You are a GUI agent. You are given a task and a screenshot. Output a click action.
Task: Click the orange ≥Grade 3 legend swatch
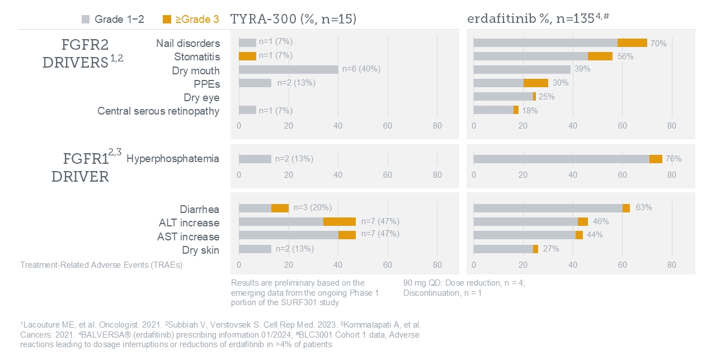coord(167,20)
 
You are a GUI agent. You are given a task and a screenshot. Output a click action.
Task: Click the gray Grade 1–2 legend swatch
coord(86,20)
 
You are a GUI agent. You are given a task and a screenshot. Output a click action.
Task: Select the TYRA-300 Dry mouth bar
coord(288,70)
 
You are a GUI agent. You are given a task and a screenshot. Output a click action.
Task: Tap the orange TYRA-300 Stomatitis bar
coord(247,56)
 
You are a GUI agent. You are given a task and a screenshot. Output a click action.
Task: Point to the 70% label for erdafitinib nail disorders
coord(658,43)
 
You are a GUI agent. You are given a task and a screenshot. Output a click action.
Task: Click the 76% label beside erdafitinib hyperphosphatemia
coord(673,159)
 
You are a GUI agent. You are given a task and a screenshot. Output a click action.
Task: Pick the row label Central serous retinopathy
coord(158,111)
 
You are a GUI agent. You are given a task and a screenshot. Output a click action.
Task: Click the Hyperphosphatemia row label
coord(173,159)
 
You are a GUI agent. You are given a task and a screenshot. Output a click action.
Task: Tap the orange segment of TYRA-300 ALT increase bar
coord(340,221)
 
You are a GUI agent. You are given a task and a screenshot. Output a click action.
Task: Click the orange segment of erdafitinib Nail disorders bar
coord(632,42)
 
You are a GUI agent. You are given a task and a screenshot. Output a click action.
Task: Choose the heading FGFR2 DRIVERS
coord(82,54)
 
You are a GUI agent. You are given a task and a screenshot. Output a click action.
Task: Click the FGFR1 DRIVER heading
coord(84,167)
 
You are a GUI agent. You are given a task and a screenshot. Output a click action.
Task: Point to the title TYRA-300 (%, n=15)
coord(294,20)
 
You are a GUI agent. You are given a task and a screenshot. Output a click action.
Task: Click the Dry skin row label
coord(201,249)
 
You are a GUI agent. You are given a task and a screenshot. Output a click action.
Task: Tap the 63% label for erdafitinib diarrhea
coord(644,207)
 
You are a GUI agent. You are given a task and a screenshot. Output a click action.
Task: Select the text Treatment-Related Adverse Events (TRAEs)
coord(101,265)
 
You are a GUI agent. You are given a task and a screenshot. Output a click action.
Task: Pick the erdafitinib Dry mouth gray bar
coord(521,69)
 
